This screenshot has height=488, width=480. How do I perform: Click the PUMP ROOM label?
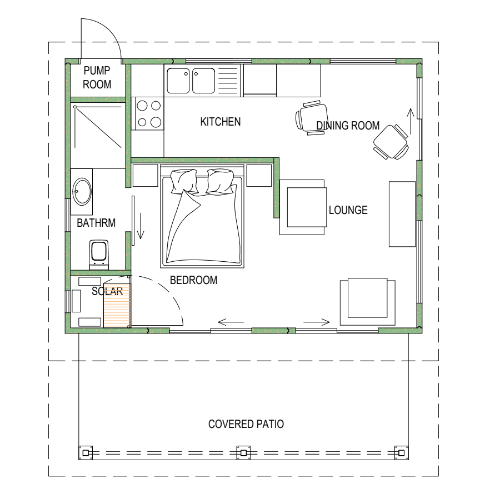[x=97, y=77]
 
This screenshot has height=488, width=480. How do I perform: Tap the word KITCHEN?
[x=221, y=122]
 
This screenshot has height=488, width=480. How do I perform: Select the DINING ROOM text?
[x=348, y=126]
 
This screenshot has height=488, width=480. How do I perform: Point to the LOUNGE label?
[x=348, y=210]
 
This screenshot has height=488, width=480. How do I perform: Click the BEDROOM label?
[x=193, y=280]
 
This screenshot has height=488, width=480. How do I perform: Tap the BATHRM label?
[x=96, y=223]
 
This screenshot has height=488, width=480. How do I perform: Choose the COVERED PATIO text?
[x=246, y=424]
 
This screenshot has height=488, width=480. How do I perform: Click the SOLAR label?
[x=107, y=291]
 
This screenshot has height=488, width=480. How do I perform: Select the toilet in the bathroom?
[x=99, y=254]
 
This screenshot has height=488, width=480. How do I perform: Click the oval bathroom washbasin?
[x=82, y=191]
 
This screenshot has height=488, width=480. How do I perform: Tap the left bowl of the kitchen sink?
[x=178, y=81]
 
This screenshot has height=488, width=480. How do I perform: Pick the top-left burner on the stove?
[x=142, y=106]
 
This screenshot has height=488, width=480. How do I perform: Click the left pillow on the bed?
[x=184, y=181]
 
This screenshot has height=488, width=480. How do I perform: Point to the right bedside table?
[x=259, y=176]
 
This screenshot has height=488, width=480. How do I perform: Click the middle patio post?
[x=243, y=452]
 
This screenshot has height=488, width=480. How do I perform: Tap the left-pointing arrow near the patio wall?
[x=231, y=322]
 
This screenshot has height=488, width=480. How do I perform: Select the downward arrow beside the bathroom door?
[x=141, y=226]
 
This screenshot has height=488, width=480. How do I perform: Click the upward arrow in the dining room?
[x=411, y=121]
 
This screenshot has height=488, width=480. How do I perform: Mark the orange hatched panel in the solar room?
[x=117, y=306]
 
